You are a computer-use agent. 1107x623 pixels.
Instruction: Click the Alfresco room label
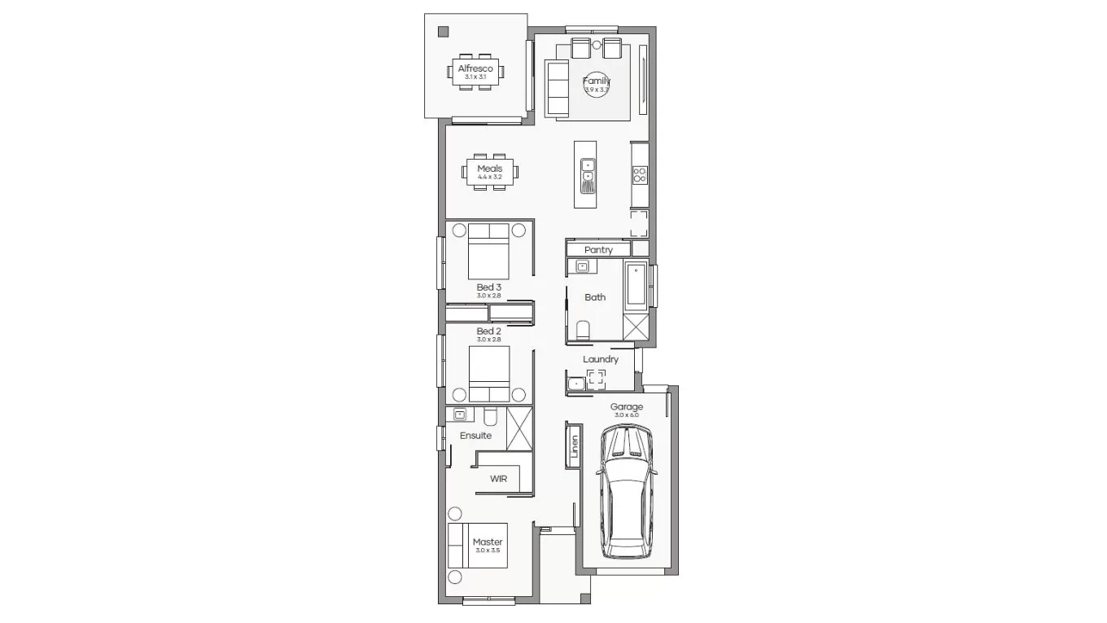(475, 68)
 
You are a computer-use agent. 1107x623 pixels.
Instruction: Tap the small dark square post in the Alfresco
(443, 33)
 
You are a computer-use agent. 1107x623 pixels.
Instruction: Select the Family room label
(596, 81)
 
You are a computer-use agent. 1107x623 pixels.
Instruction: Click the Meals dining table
(490, 173)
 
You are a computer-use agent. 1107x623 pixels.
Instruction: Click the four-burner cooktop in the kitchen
(640, 173)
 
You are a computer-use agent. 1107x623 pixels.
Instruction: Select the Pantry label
(598, 250)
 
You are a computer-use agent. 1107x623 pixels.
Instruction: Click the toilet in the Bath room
(582, 330)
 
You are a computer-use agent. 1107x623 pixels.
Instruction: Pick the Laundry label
(601, 359)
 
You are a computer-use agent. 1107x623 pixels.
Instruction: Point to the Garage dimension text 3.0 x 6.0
(627, 415)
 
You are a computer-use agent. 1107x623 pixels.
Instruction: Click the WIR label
(498, 479)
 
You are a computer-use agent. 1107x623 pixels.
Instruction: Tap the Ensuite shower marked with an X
(518, 428)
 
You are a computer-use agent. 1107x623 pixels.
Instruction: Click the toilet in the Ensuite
(490, 416)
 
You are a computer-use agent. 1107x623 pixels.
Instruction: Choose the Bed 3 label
(488, 287)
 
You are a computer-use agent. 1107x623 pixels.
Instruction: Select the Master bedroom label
(488, 542)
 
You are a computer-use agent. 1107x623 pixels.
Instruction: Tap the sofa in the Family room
(558, 89)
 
